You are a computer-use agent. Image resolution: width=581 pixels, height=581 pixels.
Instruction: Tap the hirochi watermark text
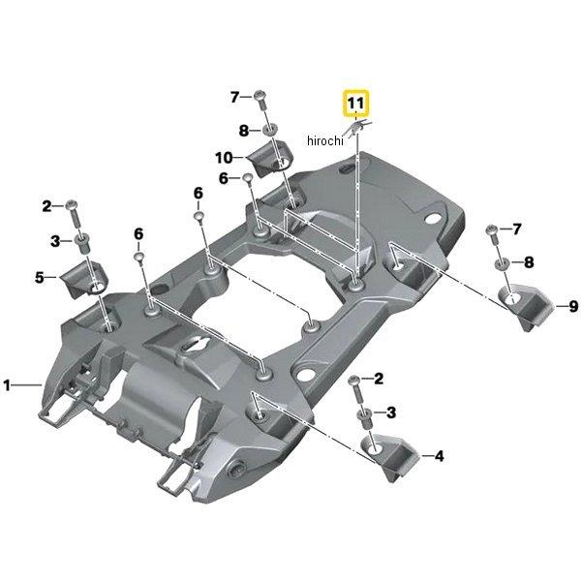click(x=325, y=140)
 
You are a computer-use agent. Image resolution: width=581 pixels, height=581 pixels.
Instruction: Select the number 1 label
click(x=8, y=385)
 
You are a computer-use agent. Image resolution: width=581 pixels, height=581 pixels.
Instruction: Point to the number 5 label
click(x=40, y=278)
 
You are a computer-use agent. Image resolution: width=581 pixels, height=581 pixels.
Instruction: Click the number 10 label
click(x=223, y=157)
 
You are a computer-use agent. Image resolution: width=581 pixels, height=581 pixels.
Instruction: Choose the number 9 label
click(x=573, y=307)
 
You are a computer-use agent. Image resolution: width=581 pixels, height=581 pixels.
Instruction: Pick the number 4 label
click(x=439, y=454)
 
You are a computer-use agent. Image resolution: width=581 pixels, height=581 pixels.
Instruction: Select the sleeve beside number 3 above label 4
click(x=365, y=413)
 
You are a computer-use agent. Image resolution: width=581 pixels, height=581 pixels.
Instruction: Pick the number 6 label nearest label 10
click(x=223, y=178)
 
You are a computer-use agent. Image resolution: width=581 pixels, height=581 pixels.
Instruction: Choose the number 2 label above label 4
click(x=379, y=378)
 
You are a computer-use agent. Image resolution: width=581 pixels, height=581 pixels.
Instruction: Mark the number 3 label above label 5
click(x=54, y=239)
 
